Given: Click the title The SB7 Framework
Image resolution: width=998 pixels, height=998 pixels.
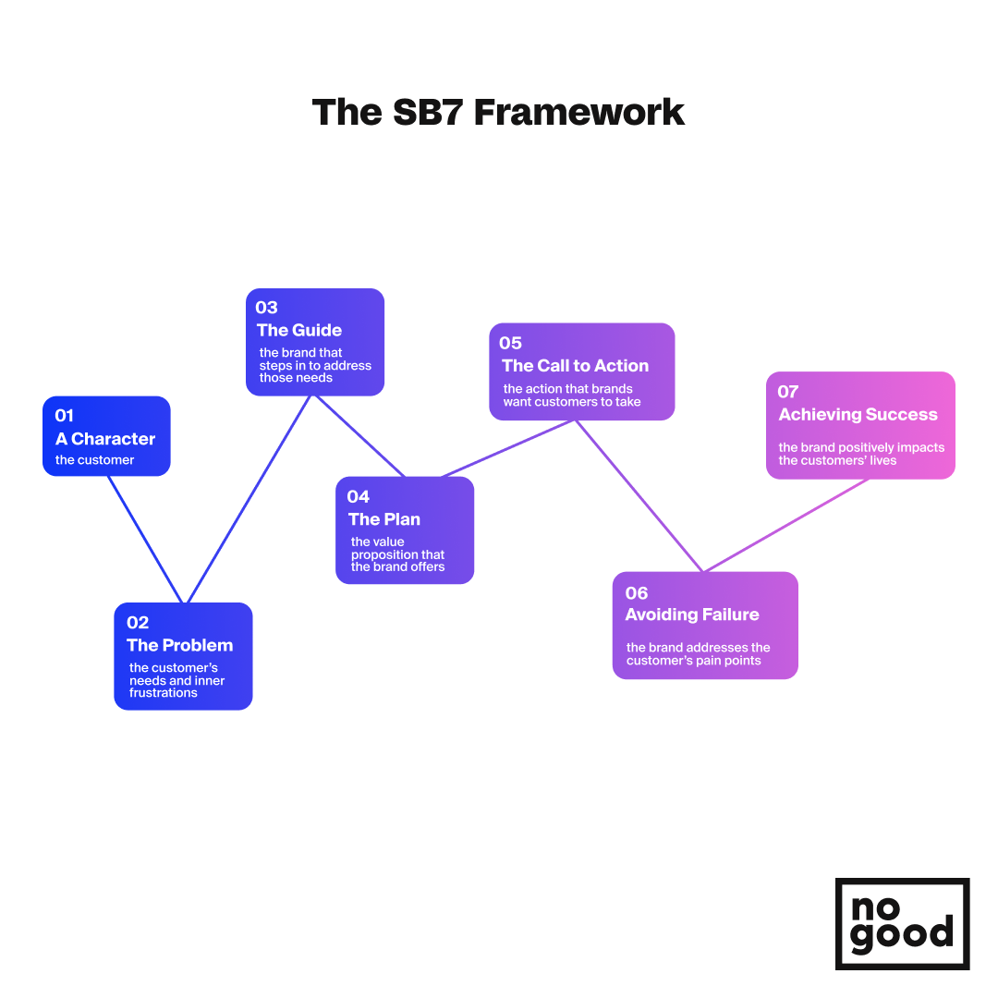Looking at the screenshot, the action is click(498, 113).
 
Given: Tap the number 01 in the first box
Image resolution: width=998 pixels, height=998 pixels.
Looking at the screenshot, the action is click(65, 416).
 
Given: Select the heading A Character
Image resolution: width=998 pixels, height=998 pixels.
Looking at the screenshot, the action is click(105, 439).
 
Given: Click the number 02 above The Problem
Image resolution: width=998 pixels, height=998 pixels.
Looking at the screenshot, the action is click(138, 623).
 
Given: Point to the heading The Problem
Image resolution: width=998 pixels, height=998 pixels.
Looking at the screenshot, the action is click(179, 645).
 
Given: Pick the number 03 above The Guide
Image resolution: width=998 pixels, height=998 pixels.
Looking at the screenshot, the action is click(267, 308).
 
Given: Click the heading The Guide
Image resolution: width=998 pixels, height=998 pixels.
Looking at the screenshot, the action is click(299, 330).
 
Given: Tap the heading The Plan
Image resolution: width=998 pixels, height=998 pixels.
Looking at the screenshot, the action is click(384, 519).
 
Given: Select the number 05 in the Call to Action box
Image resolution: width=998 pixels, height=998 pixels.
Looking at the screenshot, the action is click(510, 343).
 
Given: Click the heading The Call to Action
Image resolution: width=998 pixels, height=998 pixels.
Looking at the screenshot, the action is click(576, 366).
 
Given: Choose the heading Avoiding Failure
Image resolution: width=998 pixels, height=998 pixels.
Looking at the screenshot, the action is click(692, 615).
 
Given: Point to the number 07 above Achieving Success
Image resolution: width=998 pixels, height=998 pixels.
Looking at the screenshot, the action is click(788, 392).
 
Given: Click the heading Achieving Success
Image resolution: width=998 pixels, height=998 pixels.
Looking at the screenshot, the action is click(858, 415).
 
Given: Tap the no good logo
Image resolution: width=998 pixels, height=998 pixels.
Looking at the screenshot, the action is click(903, 923).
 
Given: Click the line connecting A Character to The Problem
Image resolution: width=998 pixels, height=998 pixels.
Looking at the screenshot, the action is click(146, 539).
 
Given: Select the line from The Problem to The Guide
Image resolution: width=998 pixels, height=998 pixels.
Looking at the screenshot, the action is click(249, 499).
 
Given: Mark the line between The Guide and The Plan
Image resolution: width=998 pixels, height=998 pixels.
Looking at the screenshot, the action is click(359, 436).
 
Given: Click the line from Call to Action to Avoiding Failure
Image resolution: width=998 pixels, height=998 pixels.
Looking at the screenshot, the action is click(639, 496).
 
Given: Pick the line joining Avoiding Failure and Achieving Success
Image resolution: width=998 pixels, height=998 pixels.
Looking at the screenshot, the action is click(786, 526).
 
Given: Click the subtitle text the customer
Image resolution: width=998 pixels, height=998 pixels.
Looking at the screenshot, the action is click(95, 460).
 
